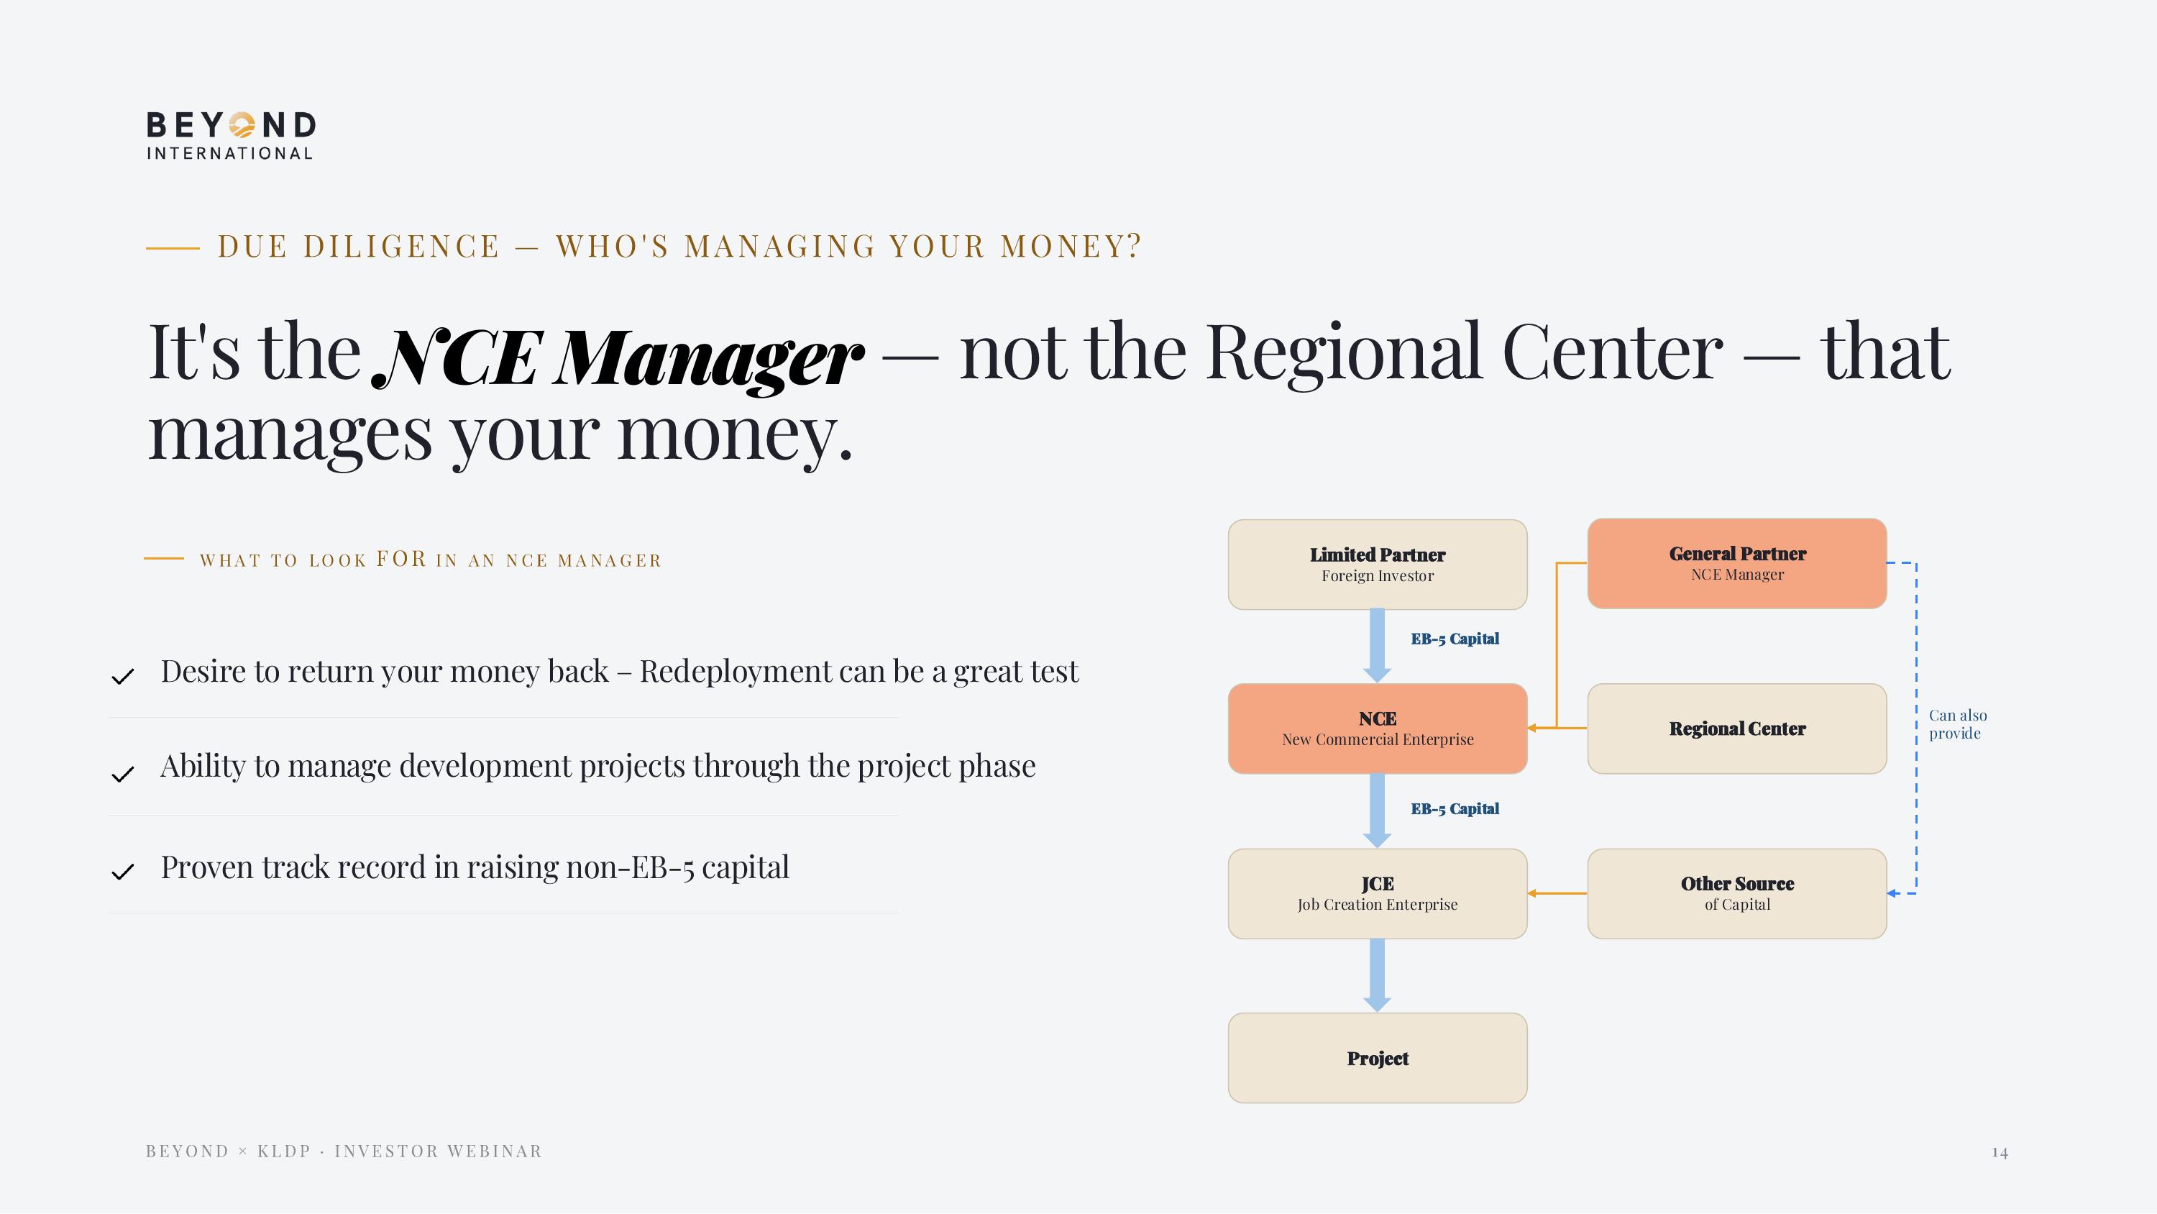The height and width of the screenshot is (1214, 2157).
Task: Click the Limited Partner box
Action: (1378, 565)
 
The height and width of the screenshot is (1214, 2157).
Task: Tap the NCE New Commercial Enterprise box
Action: (1378, 729)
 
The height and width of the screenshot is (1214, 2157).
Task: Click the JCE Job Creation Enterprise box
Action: (1378, 894)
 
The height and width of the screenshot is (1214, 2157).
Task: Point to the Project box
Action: (1378, 1058)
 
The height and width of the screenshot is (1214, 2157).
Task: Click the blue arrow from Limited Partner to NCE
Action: (1378, 646)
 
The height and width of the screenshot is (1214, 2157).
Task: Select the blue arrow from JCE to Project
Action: (1378, 976)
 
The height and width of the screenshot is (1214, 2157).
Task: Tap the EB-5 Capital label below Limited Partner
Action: (1455, 639)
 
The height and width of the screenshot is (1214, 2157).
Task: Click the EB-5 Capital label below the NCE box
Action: (1455, 808)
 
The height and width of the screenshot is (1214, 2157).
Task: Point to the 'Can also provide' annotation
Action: (1958, 724)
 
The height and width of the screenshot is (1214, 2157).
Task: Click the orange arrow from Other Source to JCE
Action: (1557, 894)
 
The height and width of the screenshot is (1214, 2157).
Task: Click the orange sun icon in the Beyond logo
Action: (242, 125)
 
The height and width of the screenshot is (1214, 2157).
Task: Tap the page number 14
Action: (2000, 1153)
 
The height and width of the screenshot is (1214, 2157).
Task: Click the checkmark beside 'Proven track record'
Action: (123, 872)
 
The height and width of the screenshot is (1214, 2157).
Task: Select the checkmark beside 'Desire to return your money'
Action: (123, 676)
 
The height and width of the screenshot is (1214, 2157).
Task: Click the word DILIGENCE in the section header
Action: (402, 246)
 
